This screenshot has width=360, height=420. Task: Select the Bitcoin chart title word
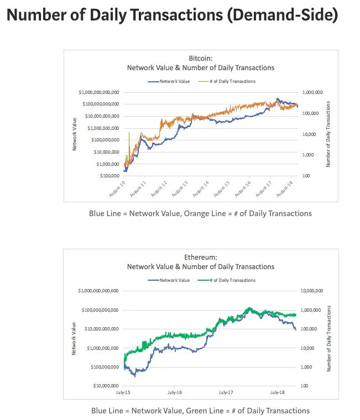(200, 58)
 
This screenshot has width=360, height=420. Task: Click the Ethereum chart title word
(201, 258)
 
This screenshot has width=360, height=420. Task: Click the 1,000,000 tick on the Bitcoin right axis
(310, 92)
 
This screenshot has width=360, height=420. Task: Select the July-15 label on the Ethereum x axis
(124, 392)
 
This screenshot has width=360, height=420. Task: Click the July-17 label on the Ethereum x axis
(226, 392)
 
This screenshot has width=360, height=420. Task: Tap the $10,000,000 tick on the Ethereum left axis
(105, 386)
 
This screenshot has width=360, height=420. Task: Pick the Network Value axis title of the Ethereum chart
(74, 338)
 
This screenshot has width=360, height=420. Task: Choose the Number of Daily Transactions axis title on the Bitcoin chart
(328, 134)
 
